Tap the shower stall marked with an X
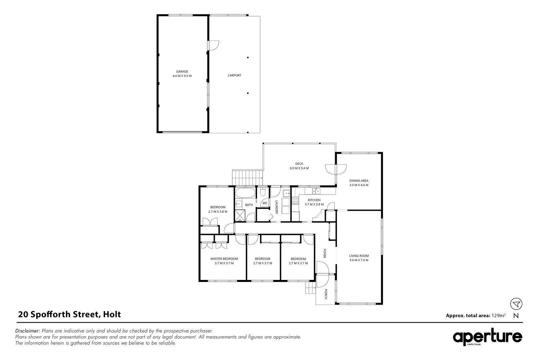click(x=240, y=216)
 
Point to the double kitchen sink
click(x=316, y=191)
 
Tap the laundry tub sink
click(x=286, y=193)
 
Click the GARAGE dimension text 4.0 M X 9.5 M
click(x=182, y=76)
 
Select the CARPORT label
click(x=234, y=75)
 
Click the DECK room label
click(x=299, y=164)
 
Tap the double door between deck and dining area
click(x=336, y=170)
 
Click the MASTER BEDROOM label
click(x=224, y=259)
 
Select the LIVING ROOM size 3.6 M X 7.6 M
click(x=359, y=260)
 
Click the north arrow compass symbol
click(x=516, y=304)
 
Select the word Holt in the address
click(x=112, y=314)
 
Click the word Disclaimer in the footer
click(x=28, y=331)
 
